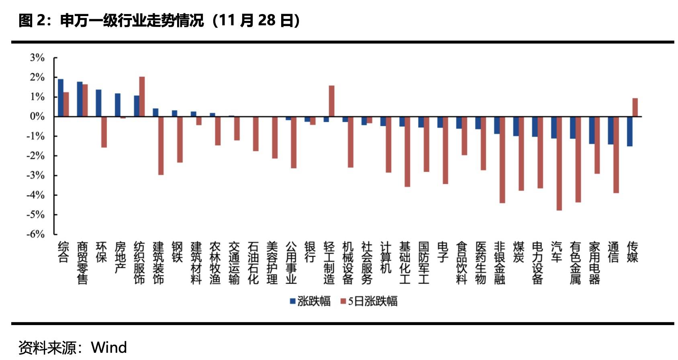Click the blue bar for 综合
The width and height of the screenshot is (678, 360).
click(61, 98)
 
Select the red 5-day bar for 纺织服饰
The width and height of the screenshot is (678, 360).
click(142, 96)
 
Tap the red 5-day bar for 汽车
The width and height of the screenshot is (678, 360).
click(559, 163)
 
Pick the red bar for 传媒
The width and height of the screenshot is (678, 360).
click(635, 107)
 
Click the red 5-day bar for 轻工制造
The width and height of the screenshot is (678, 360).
click(331, 101)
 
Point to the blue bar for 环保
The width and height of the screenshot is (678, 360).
click(98, 103)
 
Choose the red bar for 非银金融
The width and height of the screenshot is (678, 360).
click(502, 160)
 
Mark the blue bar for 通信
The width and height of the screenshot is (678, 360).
click(611, 131)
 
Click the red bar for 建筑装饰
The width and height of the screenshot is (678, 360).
click(161, 145)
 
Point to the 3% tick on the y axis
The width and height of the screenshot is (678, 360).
click(37, 58)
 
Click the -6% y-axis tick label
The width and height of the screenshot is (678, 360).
click(36, 234)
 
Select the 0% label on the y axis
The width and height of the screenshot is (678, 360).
click(37, 117)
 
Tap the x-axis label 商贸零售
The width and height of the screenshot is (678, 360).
click(82, 263)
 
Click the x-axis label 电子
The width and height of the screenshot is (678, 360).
click(443, 252)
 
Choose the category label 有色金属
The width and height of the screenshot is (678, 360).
click(575, 263)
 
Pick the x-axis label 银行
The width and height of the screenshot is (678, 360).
click(310, 252)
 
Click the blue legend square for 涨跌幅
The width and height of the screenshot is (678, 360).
click(293, 301)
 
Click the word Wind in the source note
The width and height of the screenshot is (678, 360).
click(109, 348)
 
